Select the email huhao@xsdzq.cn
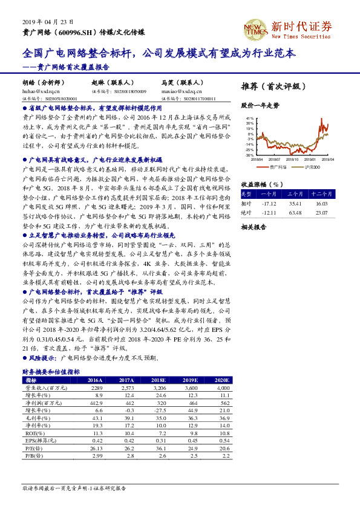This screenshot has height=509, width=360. click(x=38, y=91)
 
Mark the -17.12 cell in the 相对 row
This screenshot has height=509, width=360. click(x=267, y=204)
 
